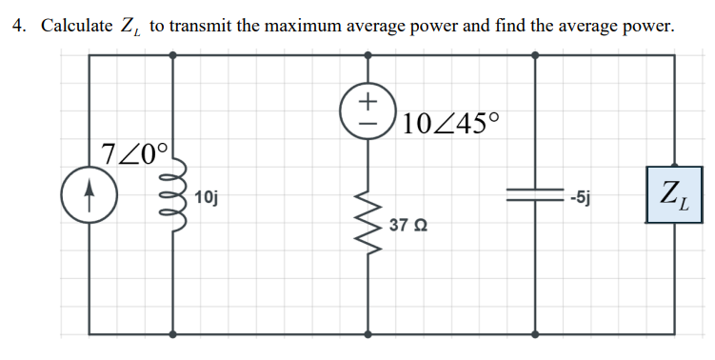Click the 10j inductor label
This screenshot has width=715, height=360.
[206, 198]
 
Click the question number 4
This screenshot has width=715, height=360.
[18, 26]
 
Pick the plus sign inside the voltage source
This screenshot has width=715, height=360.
[369, 99]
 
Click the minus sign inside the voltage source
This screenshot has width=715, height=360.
[369, 120]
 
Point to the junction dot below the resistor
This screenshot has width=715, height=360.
[369, 334]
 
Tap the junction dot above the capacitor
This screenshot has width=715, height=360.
[535, 55]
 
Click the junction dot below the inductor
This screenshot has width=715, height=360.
[172, 334]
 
